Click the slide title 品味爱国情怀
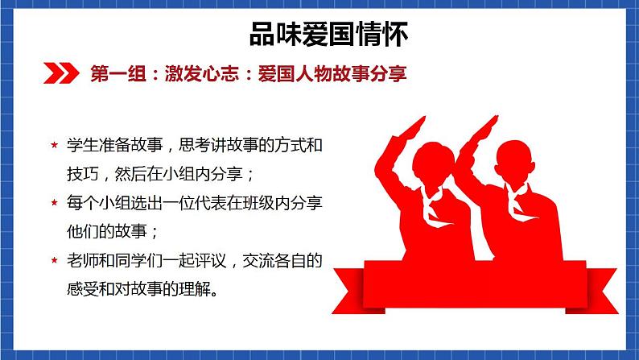(319, 34)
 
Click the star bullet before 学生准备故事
(53, 146)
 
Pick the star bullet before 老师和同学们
(53, 261)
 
